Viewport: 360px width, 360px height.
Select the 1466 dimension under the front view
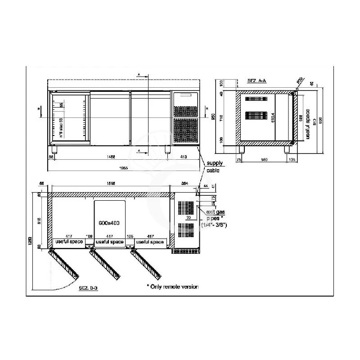[111, 156]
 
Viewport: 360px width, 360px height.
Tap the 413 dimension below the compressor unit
[184, 156]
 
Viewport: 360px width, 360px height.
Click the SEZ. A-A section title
[257, 80]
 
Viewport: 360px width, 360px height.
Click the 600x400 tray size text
[109, 223]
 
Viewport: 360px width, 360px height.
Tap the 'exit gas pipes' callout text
[215, 217]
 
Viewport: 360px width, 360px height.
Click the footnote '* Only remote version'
[172, 287]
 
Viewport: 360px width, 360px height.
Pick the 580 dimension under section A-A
[264, 159]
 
